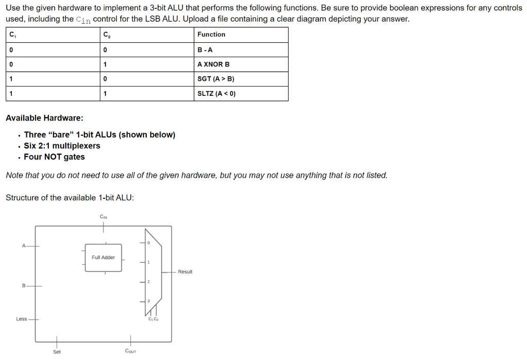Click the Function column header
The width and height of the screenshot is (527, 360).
pos(212,35)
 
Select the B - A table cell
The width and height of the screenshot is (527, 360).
pos(205,50)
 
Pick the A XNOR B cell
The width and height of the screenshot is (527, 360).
pos(214,64)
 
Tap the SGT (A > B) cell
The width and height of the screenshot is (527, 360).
pos(216,79)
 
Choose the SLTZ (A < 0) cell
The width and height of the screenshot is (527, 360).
pos(216,94)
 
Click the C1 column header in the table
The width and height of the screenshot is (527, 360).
pos(11,35)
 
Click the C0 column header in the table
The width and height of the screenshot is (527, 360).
pos(106,35)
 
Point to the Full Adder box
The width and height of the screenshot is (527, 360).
pos(103,258)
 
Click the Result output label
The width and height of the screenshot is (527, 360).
pos(185,271)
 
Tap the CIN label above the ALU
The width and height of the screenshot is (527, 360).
pos(103,216)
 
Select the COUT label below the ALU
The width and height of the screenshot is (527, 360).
pos(131,351)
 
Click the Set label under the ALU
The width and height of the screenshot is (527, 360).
pos(57,352)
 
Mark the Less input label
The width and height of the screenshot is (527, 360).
pos(22,319)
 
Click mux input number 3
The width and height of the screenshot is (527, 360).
pos(148,301)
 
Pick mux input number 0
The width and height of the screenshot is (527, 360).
pos(148,243)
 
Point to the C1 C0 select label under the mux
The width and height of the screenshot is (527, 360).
pos(153,319)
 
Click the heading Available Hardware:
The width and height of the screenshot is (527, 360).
pos(44,118)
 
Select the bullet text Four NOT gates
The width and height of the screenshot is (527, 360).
pos(54,157)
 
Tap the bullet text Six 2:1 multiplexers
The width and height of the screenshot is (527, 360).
pos(62,146)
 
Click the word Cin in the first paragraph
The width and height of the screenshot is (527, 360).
pos(83,20)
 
